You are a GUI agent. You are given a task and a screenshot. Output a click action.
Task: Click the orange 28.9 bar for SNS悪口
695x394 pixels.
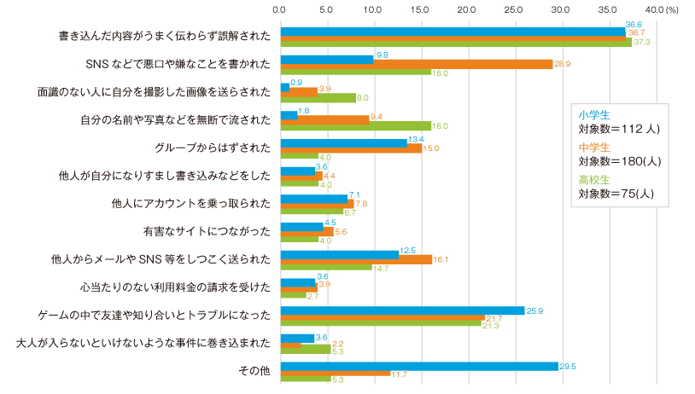(x=416, y=64)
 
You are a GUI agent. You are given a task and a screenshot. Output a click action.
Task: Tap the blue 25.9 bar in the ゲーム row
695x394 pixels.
(x=402, y=310)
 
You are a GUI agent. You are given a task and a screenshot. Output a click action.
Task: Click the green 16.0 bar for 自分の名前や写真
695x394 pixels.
(x=355, y=126)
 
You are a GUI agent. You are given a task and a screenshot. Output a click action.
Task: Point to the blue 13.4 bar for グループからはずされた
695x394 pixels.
(x=343, y=142)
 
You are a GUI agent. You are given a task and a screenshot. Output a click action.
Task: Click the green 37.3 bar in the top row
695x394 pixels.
(x=455, y=42)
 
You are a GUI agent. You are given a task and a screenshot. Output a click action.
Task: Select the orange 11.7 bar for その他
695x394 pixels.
(x=335, y=374)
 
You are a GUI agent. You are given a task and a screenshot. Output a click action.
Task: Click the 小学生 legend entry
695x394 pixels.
(x=593, y=115)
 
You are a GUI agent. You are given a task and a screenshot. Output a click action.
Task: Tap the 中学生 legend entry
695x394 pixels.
(x=593, y=148)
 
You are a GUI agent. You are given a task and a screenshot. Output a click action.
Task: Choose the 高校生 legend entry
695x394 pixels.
(x=593, y=180)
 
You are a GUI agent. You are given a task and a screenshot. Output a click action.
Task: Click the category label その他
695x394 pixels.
(x=255, y=371)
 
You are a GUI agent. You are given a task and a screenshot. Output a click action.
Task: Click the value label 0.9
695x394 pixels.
(x=296, y=82)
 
